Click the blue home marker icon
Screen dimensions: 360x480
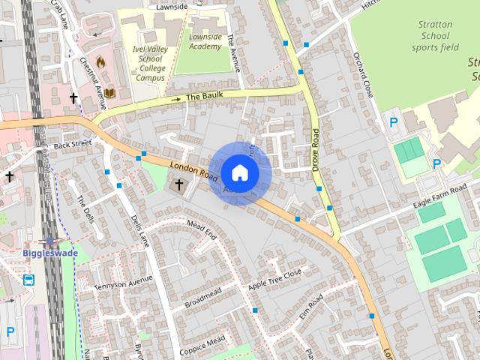coord(239,173)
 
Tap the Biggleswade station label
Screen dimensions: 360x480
coord(50,253)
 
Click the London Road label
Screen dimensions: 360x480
coord(193,171)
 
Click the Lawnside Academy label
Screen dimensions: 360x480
coord(205,41)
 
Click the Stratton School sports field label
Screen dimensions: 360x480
coord(435,35)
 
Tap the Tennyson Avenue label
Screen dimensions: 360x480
coord(118,282)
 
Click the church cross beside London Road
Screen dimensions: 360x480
coord(179,184)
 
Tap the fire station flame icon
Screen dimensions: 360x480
coord(100,63)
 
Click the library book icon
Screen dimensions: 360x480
coord(109,93)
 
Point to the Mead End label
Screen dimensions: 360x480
coord(201,229)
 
